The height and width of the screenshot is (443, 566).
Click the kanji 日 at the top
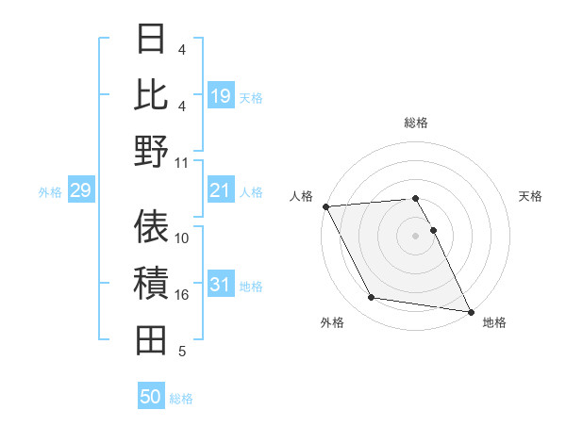click(x=151, y=41)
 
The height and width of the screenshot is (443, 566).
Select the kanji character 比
click(x=151, y=95)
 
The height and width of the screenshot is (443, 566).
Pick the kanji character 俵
click(x=151, y=227)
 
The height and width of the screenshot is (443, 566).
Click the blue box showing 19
click(x=221, y=96)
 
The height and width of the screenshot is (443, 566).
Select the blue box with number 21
click(x=221, y=191)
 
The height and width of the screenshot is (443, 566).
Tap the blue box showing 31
click(x=221, y=286)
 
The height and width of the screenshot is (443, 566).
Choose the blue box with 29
click(x=80, y=191)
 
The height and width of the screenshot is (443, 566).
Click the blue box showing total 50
click(x=151, y=397)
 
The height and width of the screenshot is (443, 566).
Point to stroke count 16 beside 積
click(x=182, y=295)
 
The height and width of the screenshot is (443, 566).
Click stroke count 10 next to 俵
click(x=182, y=238)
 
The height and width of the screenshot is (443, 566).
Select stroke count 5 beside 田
click(x=182, y=352)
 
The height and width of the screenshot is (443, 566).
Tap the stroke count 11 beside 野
click(x=182, y=162)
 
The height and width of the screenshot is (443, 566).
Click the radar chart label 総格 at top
click(x=415, y=123)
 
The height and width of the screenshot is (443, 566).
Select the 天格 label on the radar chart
click(x=530, y=196)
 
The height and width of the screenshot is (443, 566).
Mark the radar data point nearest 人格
click(x=325, y=206)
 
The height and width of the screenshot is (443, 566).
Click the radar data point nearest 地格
click(x=469, y=311)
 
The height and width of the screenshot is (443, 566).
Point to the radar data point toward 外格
click(x=372, y=298)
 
